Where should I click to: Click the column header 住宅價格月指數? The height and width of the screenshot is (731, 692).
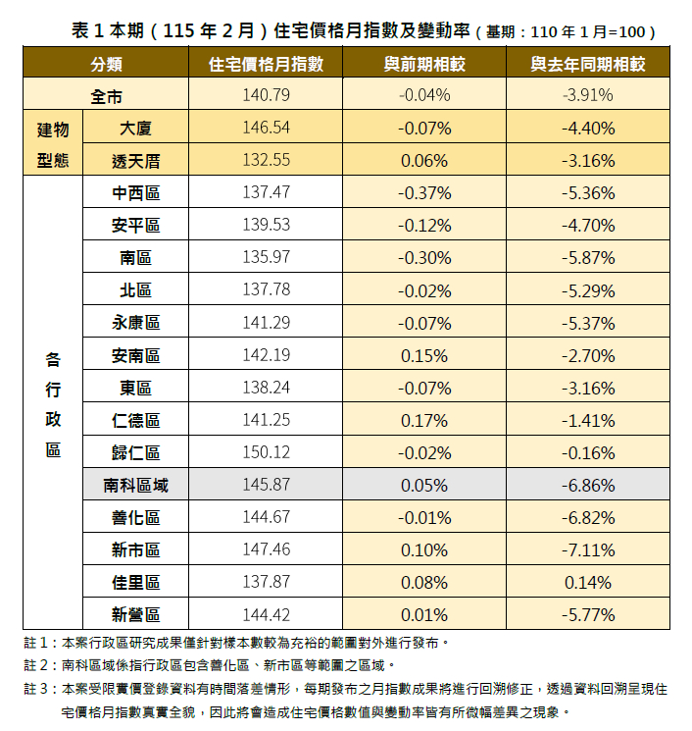tap(266, 64)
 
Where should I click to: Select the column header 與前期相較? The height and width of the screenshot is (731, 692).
tap(424, 64)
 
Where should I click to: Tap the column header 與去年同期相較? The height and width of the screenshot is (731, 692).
tap(588, 64)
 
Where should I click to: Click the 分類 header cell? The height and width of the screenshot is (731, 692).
tap(106, 64)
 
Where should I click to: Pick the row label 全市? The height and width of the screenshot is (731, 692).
tap(106, 96)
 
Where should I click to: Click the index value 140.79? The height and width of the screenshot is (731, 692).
tap(266, 96)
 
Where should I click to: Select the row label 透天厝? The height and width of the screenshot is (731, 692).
tap(136, 161)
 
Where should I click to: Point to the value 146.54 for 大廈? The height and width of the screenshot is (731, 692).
tap(266, 129)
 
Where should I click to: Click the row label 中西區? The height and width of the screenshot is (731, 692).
tap(136, 193)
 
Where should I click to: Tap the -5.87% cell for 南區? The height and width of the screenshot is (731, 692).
tap(588, 258)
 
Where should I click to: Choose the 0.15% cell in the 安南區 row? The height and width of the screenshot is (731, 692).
tap(424, 355)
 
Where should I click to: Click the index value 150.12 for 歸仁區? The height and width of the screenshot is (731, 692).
tap(266, 452)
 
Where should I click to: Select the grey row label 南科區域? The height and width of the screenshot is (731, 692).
tap(136, 485)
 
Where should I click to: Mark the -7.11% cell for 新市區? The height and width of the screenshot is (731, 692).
tap(588, 549)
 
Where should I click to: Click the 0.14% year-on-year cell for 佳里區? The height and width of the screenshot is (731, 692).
tap(588, 582)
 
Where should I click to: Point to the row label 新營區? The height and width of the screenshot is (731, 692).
tap(136, 614)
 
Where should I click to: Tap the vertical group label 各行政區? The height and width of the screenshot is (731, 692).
tap(53, 403)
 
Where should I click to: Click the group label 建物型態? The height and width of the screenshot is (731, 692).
tap(53, 144)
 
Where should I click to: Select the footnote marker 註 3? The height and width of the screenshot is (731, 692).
tap(39, 690)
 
